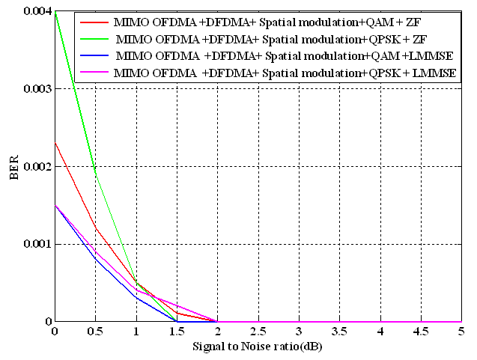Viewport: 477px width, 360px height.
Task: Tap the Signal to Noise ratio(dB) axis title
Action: pos(258,347)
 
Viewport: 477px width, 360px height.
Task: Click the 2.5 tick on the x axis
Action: pos(258,332)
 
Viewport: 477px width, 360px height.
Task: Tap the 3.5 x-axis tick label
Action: pos(339,332)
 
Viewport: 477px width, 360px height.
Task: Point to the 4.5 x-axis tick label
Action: pos(421,332)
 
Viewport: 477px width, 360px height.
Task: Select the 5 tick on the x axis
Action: pos(461,332)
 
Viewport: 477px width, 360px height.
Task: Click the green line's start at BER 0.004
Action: pos(55,11)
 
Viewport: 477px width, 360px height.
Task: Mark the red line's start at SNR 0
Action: pos(55,143)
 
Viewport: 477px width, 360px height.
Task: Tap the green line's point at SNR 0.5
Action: pos(95,174)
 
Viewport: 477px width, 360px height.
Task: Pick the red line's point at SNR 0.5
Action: pos(95,228)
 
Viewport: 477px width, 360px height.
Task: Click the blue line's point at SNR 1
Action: pos(136,298)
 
